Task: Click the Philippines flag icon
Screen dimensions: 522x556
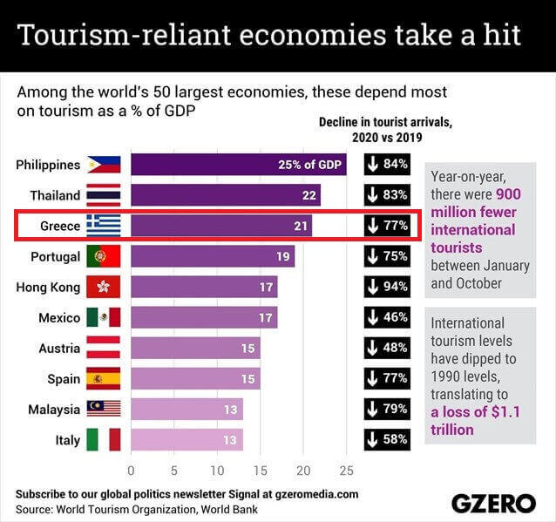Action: pyautogui.click(x=103, y=165)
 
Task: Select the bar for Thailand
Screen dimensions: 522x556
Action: pyautogui.click(x=225, y=195)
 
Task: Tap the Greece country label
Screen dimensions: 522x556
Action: pyautogui.click(x=60, y=226)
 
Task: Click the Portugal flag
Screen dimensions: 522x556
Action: pyautogui.click(x=103, y=256)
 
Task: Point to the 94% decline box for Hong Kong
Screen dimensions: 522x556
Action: pyautogui.click(x=387, y=287)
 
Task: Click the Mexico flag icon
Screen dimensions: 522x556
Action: pyautogui.click(x=103, y=317)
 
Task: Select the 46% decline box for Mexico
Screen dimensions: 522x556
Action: pyautogui.click(x=387, y=317)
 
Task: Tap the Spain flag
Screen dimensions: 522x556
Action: pyautogui.click(x=103, y=378)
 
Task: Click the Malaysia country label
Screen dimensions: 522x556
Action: pyautogui.click(x=53, y=409)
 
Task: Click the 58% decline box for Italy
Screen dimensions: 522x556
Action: pyautogui.click(x=387, y=439)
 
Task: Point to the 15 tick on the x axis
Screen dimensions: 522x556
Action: pyautogui.click(x=260, y=471)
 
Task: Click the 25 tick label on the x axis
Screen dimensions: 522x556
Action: pyautogui.click(x=346, y=471)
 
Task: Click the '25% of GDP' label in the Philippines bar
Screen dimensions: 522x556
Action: pyautogui.click(x=311, y=165)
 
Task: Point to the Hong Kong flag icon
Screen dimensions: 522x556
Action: pyautogui.click(x=103, y=287)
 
